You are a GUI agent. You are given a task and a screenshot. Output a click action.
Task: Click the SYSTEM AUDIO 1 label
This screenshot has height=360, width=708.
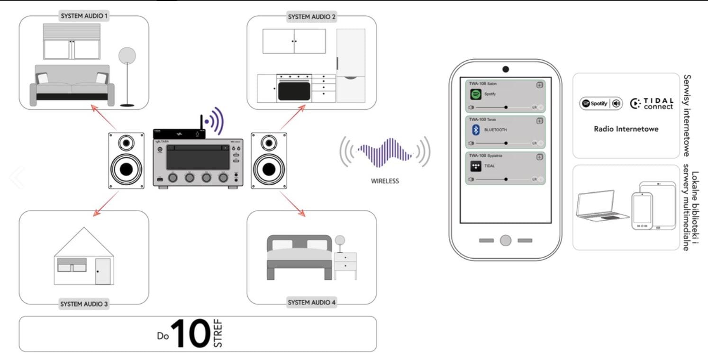click(x=84, y=16)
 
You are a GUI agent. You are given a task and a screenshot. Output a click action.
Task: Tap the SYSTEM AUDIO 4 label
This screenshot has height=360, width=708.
click(x=311, y=303)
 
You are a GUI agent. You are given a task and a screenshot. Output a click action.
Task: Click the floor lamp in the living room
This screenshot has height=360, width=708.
click(x=127, y=76)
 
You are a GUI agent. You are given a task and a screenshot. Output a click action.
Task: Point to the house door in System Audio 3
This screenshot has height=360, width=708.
click(x=102, y=271)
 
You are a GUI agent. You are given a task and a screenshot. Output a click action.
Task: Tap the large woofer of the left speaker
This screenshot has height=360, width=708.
click(x=126, y=169)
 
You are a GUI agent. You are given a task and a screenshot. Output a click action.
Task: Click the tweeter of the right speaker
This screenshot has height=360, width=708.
click(x=269, y=142)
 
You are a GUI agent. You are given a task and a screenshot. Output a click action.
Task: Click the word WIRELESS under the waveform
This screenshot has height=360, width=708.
click(x=385, y=180)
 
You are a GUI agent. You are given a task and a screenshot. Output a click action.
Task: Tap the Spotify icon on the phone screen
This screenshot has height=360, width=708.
click(x=476, y=94)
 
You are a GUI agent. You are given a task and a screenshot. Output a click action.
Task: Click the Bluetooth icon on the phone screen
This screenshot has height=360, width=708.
click(x=476, y=130)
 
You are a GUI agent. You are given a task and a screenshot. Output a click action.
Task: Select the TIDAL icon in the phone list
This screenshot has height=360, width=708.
click(x=476, y=166)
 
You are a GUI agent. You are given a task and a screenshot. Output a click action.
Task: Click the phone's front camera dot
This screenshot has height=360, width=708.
click(x=506, y=70)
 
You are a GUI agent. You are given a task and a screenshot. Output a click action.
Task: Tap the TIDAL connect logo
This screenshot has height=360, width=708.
click(x=652, y=103)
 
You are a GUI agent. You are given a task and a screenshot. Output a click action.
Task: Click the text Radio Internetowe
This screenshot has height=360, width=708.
click(x=626, y=129)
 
